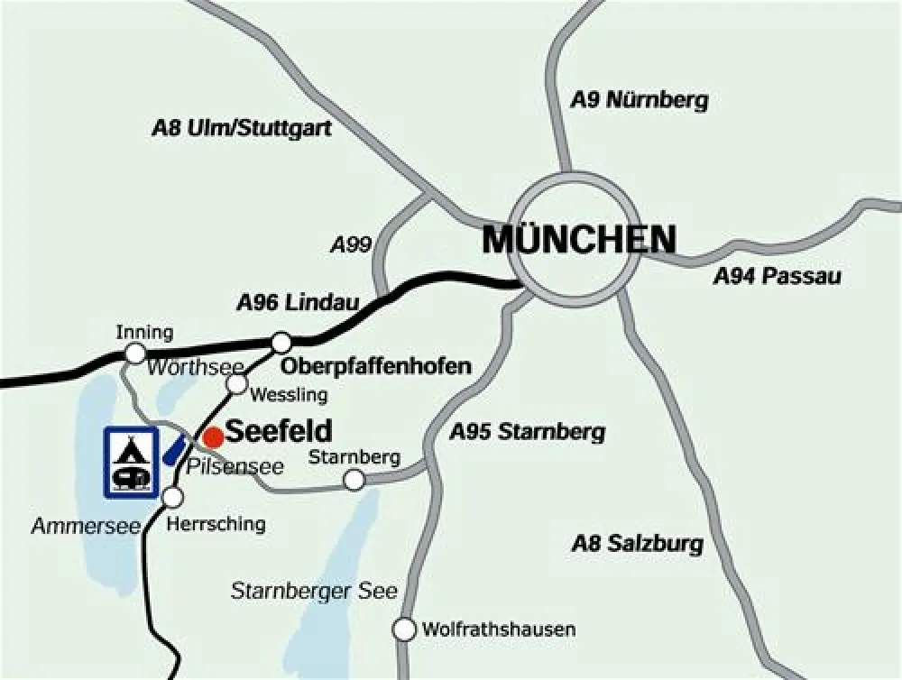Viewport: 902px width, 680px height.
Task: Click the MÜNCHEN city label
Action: click(579, 240)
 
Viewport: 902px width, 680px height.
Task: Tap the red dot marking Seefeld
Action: click(213, 437)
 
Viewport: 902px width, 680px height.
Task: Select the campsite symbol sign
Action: click(132, 462)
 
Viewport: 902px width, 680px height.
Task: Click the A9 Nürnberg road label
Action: click(640, 100)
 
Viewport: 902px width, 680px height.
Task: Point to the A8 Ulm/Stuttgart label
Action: click(242, 128)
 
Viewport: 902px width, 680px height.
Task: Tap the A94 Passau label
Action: click(777, 276)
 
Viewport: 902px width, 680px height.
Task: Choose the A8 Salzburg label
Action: click(637, 544)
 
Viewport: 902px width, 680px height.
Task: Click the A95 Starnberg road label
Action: click(528, 432)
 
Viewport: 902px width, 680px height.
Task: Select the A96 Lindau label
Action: click(298, 303)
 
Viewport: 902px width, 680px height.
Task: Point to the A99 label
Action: click(351, 244)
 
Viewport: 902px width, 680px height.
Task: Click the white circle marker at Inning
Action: click(135, 352)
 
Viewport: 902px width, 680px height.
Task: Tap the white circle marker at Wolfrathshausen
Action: click(405, 629)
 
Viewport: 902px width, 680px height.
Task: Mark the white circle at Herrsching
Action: click(173, 497)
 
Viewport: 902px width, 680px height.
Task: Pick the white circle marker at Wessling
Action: click(236, 384)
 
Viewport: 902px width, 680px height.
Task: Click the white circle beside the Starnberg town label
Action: click(354, 480)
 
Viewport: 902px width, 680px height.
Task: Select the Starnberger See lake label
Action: click(314, 592)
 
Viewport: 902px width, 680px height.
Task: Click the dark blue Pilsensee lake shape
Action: click(174, 448)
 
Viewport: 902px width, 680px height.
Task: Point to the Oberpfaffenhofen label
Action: click(376, 366)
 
